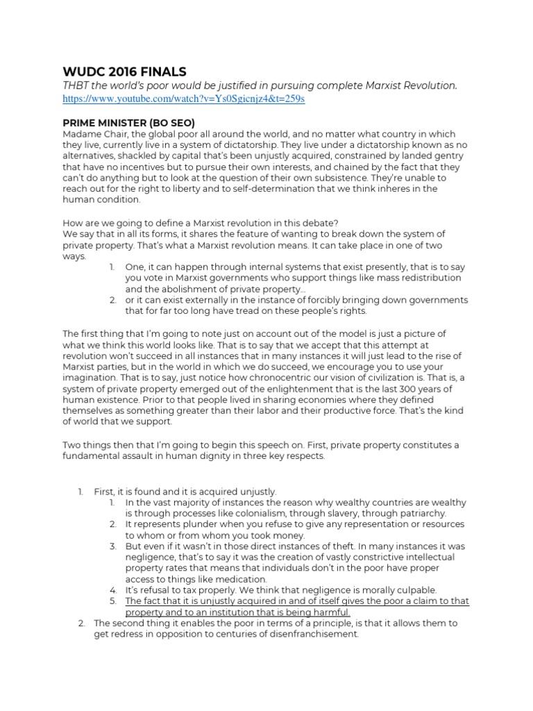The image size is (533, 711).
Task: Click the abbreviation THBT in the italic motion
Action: click(76, 85)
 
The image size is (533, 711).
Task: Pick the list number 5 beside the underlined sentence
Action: click(112, 601)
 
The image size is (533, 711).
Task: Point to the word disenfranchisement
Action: click(302, 635)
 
